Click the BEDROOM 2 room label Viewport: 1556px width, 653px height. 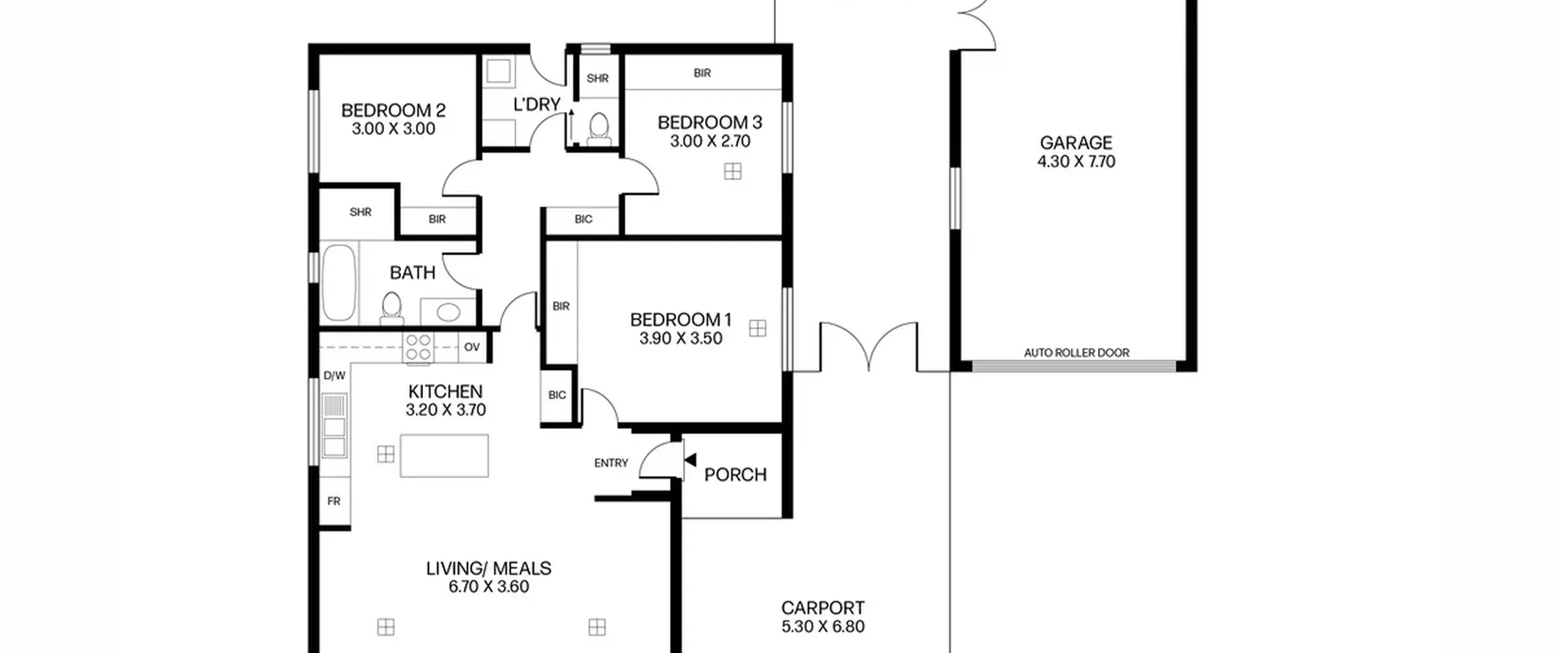tap(393, 111)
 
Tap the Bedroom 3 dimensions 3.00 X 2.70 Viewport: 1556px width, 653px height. tap(710, 141)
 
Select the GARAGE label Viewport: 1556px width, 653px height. tap(1076, 143)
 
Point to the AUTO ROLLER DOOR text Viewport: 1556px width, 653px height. tap(1076, 352)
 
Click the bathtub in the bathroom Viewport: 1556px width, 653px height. tap(339, 282)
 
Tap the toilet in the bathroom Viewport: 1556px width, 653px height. tap(392, 308)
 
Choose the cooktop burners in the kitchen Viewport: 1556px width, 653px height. tap(418, 347)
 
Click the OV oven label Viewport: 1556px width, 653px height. tap(472, 347)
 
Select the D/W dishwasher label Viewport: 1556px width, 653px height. tap(334, 375)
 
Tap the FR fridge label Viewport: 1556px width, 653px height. tap(334, 501)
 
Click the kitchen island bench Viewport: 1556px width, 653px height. tap(444, 456)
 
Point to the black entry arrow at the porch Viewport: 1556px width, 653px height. tap(690, 460)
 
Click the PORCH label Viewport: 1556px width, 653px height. tap(735, 474)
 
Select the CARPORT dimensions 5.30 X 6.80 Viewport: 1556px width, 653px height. tap(823, 626)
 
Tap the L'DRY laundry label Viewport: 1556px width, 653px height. tap(537, 104)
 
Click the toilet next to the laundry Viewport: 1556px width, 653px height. tap(599, 129)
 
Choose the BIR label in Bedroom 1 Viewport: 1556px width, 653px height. tap(561, 306)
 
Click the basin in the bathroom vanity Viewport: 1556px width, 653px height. tap(449, 312)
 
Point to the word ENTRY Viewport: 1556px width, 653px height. tap(611, 463)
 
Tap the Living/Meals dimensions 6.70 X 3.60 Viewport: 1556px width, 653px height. tap(489, 586)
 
